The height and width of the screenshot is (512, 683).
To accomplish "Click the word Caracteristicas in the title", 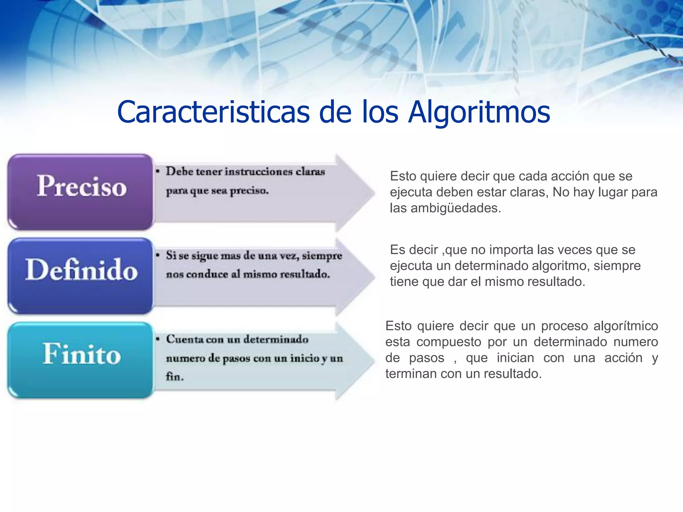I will tap(213, 112).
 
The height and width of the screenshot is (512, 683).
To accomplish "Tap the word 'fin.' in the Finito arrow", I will tap(175, 377).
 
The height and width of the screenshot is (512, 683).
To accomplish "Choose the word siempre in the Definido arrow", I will tap(322, 256).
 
